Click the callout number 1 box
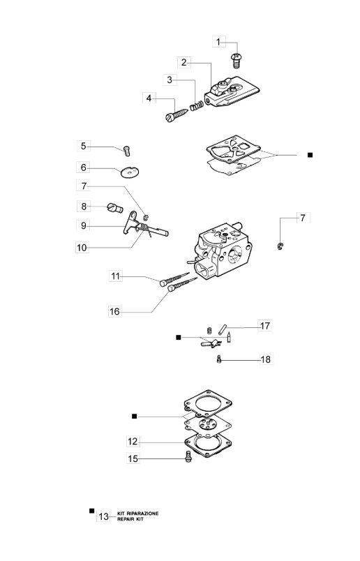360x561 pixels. (218, 42)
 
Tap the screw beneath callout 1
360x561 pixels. (236, 61)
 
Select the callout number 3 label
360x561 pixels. (170, 80)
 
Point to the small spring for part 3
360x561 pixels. (197, 106)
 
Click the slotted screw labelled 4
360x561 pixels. (177, 115)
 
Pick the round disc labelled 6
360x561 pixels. (129, 172)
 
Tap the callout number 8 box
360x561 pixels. (84, 206)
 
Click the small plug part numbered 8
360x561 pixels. (115, 207)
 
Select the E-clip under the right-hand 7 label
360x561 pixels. (280, 246)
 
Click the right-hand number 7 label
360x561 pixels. (303, 218)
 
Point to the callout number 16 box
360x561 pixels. (114, 312)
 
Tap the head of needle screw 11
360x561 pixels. (163, 283)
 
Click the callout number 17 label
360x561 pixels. (265, 326)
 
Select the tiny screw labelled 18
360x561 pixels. (219, 359)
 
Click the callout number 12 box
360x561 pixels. (133, 442)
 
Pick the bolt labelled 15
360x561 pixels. (188, 456)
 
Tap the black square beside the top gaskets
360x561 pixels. (310, 155)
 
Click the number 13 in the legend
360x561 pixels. (103, 516)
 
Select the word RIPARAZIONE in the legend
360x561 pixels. (142, 514)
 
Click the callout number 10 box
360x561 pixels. (82, 248)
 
